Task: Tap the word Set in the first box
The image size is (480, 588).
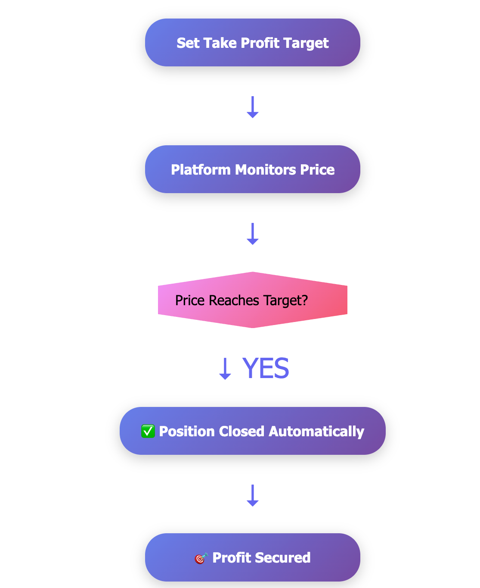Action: coord(188,43)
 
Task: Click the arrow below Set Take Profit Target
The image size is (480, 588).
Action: coord(253,107)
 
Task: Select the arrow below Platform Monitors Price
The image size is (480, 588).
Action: coord(253,234)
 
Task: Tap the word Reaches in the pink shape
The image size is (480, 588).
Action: coord(234,300)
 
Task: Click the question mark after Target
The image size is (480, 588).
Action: coord(305,300)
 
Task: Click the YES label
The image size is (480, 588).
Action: coord(265,368)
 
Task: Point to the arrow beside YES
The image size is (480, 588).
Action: coord(225,369)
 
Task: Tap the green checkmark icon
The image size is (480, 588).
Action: coord(148,431)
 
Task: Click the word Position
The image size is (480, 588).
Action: coord(187,432)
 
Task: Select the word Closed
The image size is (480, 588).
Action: coord(242,431)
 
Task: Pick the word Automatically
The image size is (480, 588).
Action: coord(316,432)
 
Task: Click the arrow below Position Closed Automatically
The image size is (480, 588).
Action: coord(253,495)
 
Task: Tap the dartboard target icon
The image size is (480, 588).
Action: coord(201,558)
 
